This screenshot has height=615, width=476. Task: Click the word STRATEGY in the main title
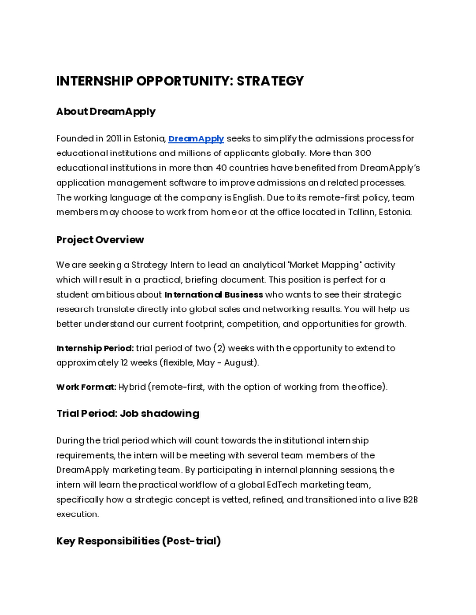tap(270, 81)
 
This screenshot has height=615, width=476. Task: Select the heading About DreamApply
tap(106, 112)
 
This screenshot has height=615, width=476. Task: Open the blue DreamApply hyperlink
tap(196, 139)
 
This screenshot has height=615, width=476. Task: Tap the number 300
tap(363, 154)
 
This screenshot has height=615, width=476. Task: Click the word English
tap(248, 198)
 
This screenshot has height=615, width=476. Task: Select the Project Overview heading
tap(100, 240)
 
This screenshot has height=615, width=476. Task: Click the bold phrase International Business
tap(214, 295)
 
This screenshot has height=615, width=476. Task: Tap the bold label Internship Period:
tap(95, 348)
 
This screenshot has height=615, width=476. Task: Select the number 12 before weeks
tap(124, 363)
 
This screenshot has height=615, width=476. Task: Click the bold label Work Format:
tap(86, 387)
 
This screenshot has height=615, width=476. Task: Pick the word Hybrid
tap(132, 387)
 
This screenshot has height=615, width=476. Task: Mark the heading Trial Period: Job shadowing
tap(127, 414)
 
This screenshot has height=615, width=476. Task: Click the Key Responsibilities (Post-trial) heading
tap(138, 541)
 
